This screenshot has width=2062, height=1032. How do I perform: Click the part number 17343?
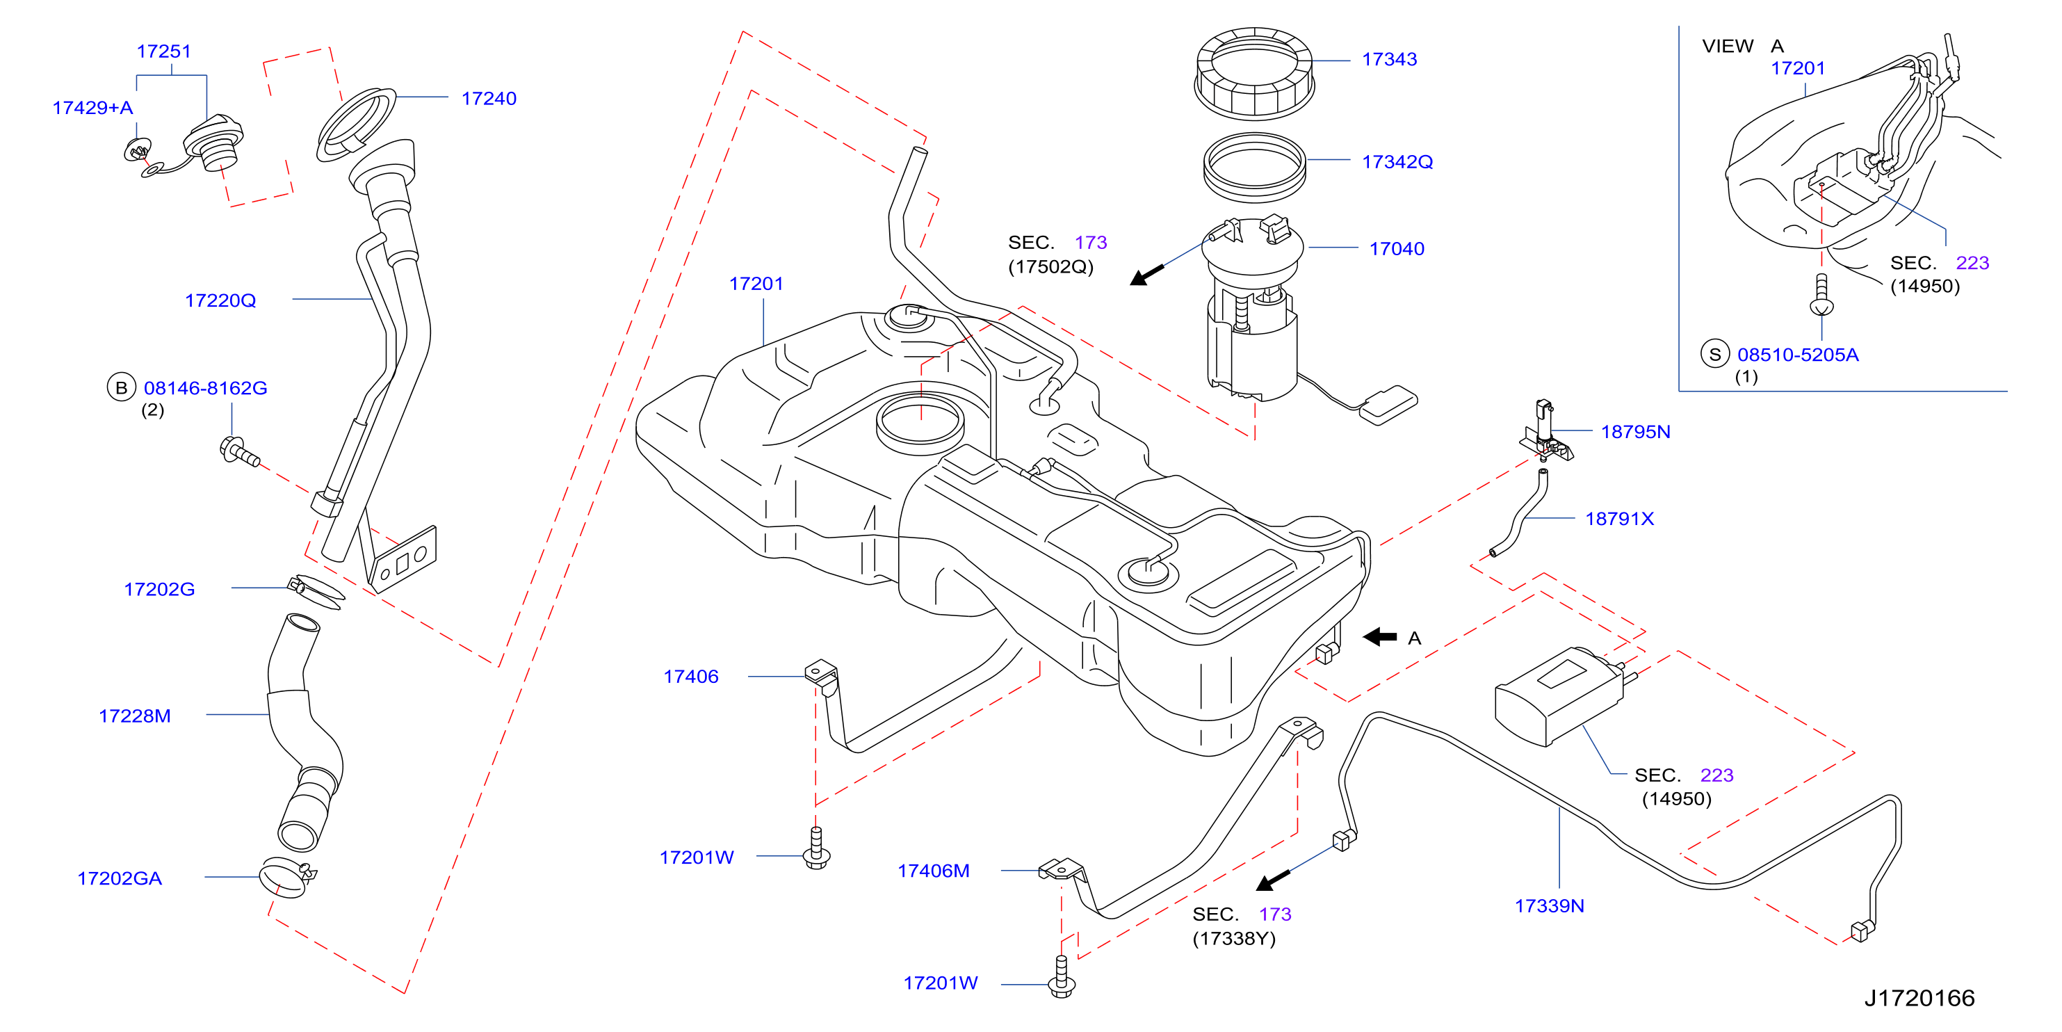(x=1389, y=59)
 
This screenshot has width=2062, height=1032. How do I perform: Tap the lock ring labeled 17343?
(x=1253, y=74)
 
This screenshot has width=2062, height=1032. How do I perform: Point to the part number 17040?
(x=1396, y=249)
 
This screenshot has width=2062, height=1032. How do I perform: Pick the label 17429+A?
(x=93, y=108)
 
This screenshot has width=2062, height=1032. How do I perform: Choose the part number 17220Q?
(x=220, y=301)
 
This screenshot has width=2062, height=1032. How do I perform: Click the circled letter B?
(x=121, y=387)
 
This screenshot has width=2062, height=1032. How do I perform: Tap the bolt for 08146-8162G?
(x=238, y=451)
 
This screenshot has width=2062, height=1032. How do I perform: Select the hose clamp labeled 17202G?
(x=316, y=591)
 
